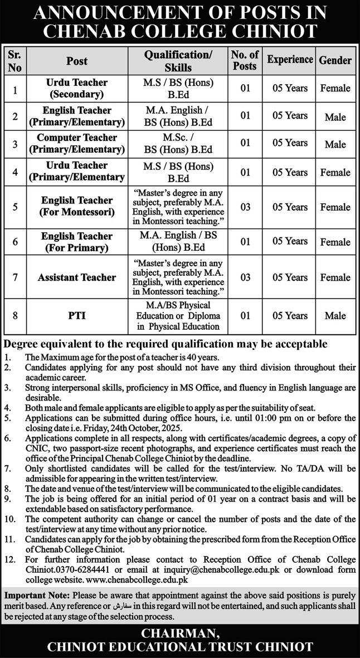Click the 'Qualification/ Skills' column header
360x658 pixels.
tap(178, 60)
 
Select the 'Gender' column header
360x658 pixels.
tap(335, 60)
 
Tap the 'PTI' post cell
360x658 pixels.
tap(77, 315)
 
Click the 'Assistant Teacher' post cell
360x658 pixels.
tap(77, 277)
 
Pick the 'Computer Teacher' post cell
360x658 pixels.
tap(77, 144)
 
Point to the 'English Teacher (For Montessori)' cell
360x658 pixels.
tap(77, 207)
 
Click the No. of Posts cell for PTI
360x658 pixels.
tap(245, 315)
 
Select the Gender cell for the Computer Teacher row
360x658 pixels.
tap(335, 144)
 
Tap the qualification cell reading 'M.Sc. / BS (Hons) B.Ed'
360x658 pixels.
tap(178, 144)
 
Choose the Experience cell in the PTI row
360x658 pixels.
tap(287, 315)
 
